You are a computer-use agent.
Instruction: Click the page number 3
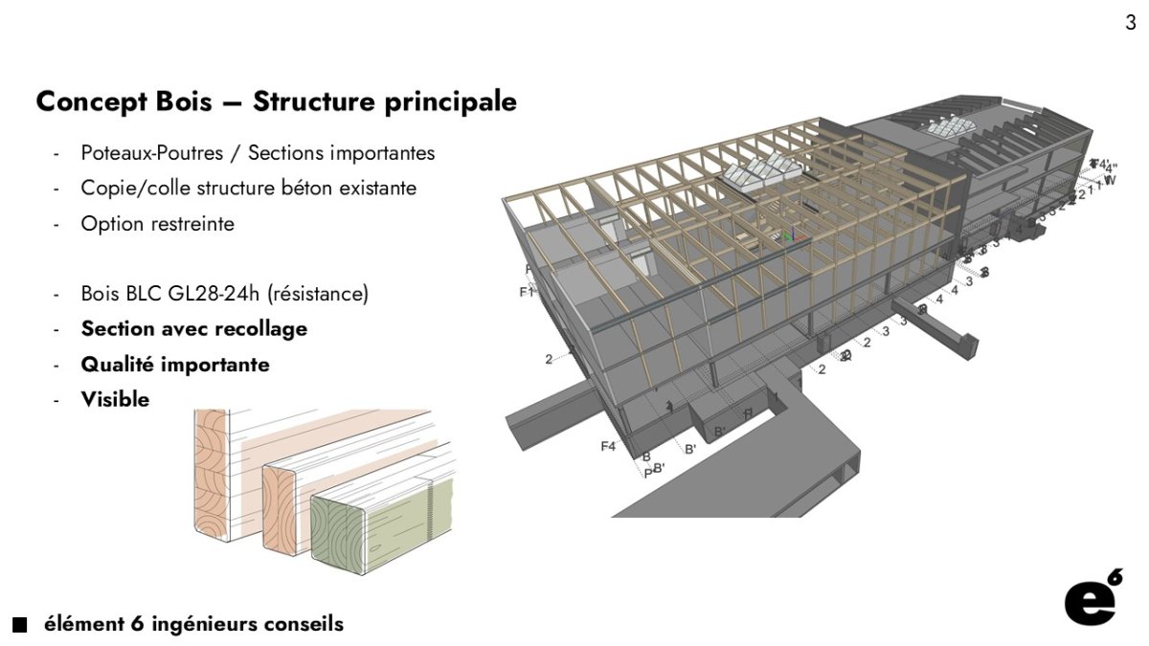(1131, 23)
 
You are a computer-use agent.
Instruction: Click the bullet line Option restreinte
(157, 224)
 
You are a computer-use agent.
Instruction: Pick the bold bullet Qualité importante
(175, 365)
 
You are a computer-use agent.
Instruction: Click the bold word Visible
(115, 400)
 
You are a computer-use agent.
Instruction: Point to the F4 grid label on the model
(608, 446)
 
